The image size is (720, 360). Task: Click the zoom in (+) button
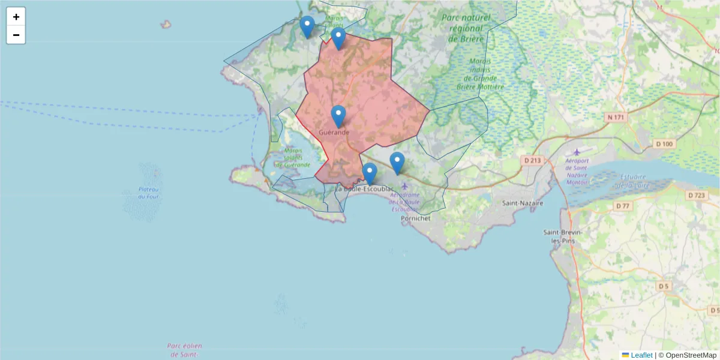[16, 17]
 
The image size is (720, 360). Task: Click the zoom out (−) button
[16, 35]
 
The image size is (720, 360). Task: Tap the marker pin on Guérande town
[338, 116]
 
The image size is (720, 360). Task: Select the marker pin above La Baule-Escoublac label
[370, 173]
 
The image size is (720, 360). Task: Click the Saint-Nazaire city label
[523, 203]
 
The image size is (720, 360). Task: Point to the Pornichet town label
[415, 219]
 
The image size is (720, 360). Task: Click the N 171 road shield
[616, 118]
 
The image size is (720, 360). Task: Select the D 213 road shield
[532, 160]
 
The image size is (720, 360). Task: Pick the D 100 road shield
[664, 144]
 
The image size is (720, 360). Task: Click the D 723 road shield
[697, 196]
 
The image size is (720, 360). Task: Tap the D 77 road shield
[623, 206]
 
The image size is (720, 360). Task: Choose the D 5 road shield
[663, 286]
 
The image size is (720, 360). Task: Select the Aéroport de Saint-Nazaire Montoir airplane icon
[577, 152]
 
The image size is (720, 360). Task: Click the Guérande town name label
[334, 132]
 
